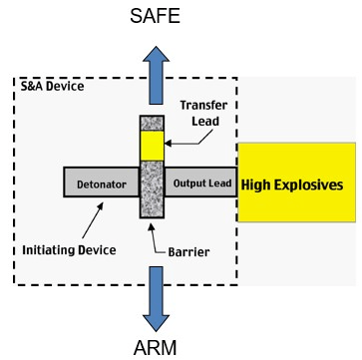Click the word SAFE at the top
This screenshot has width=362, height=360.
(155, 16)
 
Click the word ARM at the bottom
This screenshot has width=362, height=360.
(156, 348)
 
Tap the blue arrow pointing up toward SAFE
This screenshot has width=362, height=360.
(156, 75)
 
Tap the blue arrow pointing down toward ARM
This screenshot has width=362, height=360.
(156, 299)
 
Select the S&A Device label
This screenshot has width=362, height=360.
(53, 87)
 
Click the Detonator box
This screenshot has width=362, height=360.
(101, 182)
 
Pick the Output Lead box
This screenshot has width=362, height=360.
(200, 182)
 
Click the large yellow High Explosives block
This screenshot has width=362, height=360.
(297, 182)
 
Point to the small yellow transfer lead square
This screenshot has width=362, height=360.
(152, 146)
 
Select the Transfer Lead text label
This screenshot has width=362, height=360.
(203, 113)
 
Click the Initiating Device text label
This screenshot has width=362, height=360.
(69, 250)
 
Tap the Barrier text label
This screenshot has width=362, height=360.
(188, 252)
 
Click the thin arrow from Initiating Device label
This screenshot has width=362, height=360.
(93, 220)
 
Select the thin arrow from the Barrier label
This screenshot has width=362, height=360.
(157, 238)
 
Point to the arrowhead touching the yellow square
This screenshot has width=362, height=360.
(168, 144)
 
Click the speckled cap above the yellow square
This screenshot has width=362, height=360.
(152, 123)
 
